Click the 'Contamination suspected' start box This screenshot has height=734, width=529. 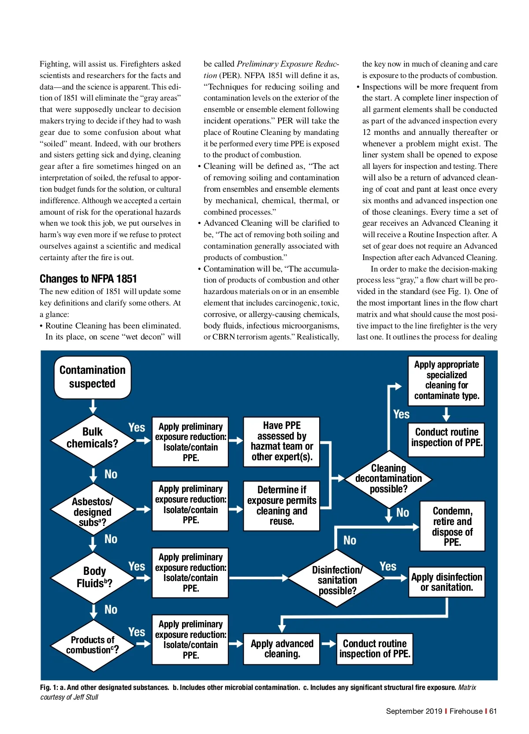(93, 377)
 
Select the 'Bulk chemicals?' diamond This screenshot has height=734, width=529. (93, 438)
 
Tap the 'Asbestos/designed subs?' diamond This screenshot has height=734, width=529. (93, 510)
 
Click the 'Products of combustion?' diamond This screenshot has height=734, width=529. (93, 645)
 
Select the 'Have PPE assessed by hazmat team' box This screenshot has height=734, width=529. (282, 441)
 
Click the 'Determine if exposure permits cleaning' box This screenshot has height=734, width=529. (282, 506)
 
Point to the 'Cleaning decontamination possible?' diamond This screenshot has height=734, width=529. (388, 479)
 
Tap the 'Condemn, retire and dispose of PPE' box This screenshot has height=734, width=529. (452, 526)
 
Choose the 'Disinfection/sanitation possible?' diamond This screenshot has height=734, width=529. (337, 579)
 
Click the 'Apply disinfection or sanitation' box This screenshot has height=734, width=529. (447, 582)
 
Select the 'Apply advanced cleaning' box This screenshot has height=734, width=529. (282, 648)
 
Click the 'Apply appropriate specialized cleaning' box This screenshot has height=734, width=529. (446, 380)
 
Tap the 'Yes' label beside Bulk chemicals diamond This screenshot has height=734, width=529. (137, 428)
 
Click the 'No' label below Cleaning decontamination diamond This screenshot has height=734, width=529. (402, 513)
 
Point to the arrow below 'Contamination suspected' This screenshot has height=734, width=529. (93, 406)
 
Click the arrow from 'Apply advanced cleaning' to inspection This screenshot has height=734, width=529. (328, 644)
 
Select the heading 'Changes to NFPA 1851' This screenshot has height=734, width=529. (88, 279)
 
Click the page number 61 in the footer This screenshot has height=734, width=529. (493, 711)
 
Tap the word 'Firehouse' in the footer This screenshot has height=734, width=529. (466, 711)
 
